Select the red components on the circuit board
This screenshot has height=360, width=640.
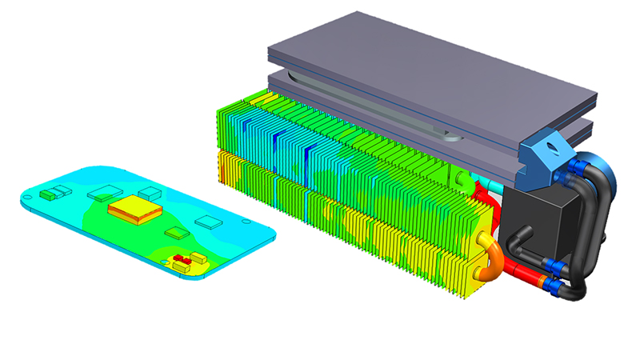coord(182,260)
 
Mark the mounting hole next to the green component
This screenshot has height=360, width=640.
coord(37,197)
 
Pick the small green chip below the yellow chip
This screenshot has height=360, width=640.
coord(175,233)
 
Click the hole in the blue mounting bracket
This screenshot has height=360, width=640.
coord(553,149)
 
